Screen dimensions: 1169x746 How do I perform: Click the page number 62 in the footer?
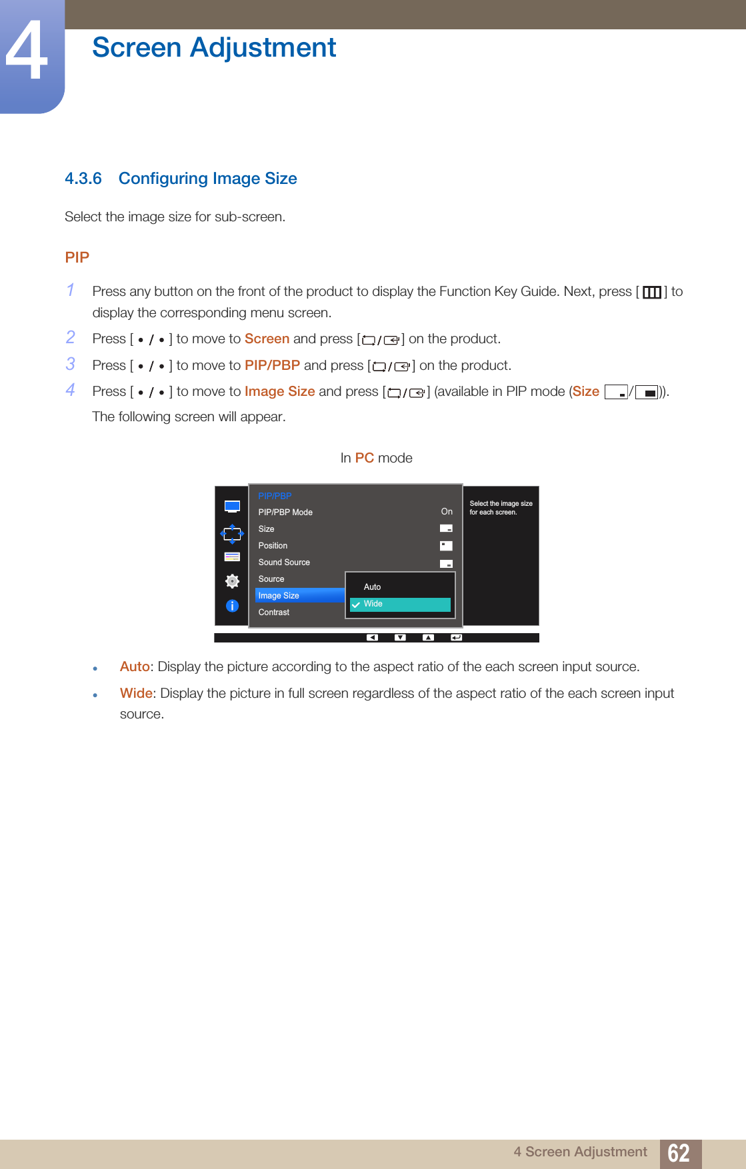click(x=679, y=1153)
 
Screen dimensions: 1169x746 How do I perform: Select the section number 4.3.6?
click(x=83, y=179)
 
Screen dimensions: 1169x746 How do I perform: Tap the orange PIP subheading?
click(x=77, y=258)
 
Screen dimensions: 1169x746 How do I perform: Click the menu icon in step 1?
click(x=651, y=293)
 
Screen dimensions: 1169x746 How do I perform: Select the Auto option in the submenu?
click(x=373, y=587)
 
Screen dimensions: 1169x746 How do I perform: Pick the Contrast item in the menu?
click(x=274, y=612)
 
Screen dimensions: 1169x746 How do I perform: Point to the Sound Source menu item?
click(x=284, y=563)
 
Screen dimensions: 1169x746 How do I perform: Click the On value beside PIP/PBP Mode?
click(x=447, y=512)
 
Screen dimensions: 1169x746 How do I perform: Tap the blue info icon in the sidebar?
click(x=232, y=606)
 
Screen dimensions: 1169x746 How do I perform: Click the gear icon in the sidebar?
click(x=232, y=581)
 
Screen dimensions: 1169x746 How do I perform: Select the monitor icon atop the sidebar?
click(x=232, y=507)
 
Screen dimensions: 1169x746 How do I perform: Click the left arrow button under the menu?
click(x=372, y=638)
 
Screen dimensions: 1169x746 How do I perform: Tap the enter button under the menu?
click(x=456, y=638)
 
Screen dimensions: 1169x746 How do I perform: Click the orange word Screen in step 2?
click(x=267, y=339)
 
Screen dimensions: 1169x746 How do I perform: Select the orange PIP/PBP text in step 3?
click(x=272, y=366)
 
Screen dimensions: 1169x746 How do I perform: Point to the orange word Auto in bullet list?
click(x=135, y=667)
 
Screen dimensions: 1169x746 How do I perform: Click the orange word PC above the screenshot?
click(x=364, y=459)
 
